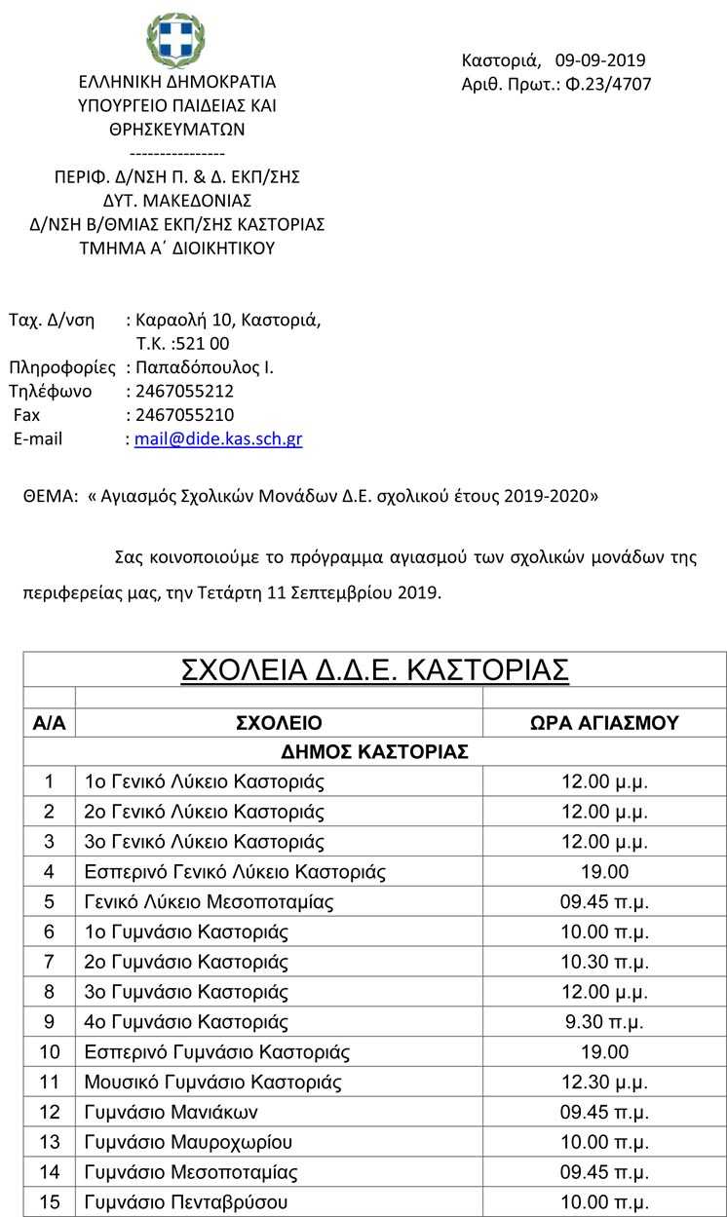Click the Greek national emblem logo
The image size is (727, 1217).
tap(175, 40)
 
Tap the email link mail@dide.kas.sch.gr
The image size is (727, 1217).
tap(218, 438)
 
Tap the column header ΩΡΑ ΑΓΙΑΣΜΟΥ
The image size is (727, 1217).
tap(604, 723)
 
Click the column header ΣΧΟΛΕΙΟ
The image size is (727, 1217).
tap(279, 723)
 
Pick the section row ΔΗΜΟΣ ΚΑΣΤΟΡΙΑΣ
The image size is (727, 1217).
tap(375, 751)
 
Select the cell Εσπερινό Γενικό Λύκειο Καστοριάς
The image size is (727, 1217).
tap(235, 871)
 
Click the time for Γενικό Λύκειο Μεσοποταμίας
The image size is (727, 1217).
tap(604, 901)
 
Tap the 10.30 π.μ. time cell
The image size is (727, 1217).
tap(604, 962)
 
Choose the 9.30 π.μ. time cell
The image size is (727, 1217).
tap(604, 1022)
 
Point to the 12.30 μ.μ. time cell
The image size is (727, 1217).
tap(604, 1082)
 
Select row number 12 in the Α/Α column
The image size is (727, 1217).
tap(50, 1112)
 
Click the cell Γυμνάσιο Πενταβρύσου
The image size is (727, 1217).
tap(186, 1202)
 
